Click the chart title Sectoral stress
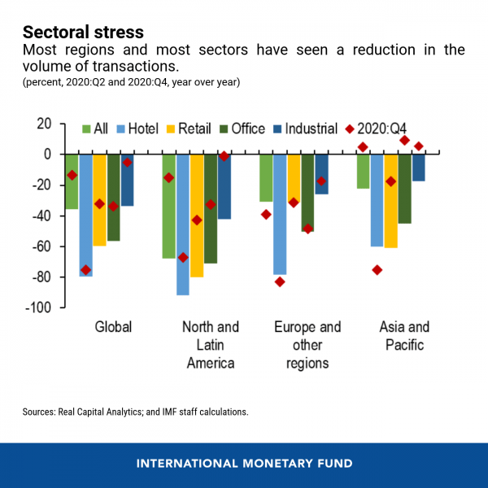[83, 33]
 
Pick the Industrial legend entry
[304, 129]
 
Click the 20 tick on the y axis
[43, 124]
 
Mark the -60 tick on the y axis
[40, 246]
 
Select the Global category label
[113, 328]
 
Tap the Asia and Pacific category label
[404, 336]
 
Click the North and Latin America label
[211, 345]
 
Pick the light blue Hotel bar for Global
[86, 216]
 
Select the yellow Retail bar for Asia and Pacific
[390, 201]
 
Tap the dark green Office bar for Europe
[307, 193]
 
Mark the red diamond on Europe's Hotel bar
[280, 282]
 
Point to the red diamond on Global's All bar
[72, 175]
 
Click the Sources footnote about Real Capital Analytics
[135, 412]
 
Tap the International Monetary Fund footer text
[244, 464]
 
